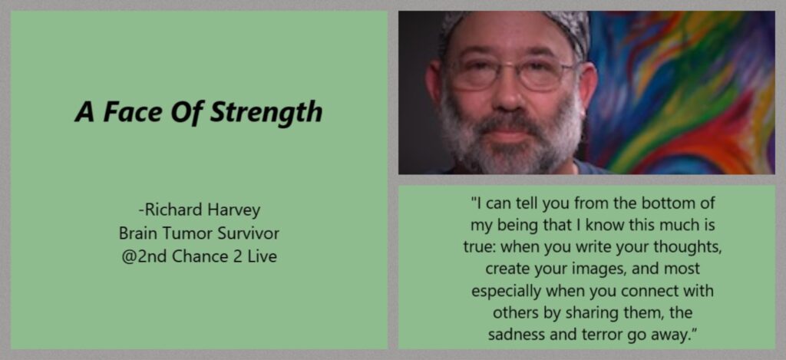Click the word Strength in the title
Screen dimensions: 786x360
[x=266, y=112]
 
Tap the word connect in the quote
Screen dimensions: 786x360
[x=652, y=292]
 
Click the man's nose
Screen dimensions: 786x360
[x=510, y=95]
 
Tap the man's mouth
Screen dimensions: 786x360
[x=510, y=135]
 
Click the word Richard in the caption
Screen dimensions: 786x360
[x=167, y=210]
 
